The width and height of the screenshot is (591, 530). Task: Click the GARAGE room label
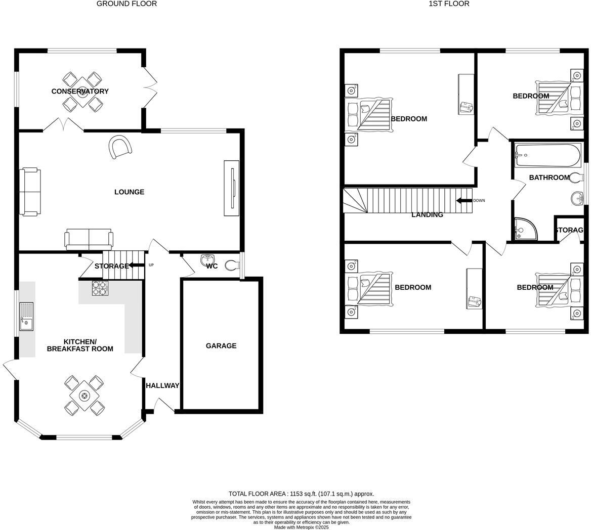221,346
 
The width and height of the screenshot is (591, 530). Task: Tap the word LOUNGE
129,192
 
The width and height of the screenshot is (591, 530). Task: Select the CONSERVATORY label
80,92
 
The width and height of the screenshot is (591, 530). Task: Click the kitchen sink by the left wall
26,317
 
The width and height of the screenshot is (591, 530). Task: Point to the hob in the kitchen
100,288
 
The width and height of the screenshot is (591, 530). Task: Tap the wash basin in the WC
208,260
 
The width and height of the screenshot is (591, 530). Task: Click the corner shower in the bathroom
523,230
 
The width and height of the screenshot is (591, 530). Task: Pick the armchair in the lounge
121,147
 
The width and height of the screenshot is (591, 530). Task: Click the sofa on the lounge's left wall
30,192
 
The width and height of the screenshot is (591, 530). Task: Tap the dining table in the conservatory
81,92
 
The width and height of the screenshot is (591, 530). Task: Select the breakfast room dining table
84,395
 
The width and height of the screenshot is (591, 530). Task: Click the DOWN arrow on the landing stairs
463,201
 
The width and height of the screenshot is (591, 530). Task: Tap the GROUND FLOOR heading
126,4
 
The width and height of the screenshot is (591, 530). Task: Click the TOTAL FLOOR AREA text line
301,494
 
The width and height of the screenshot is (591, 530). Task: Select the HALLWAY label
162,386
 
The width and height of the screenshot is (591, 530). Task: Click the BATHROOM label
549,178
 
